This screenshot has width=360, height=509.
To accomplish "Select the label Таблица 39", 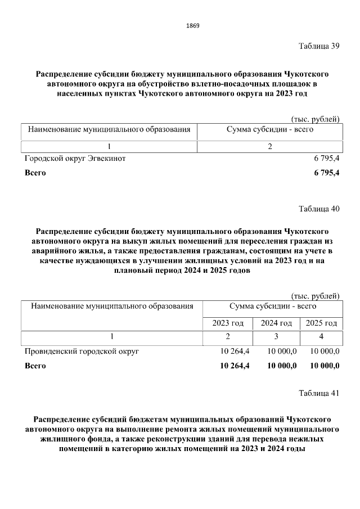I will (319, 46).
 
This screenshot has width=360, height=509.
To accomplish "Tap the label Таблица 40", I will (319, 209).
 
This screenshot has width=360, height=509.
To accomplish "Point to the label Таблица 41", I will (319, 393).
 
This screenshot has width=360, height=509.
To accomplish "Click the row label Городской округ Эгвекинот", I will (75, 159).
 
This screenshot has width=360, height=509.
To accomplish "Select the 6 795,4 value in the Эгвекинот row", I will (326, 159).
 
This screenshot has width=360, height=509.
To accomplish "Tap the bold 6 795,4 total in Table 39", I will (326, 173).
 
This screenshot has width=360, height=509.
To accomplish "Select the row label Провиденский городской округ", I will (82, 352).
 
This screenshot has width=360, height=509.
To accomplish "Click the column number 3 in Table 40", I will (276, 337).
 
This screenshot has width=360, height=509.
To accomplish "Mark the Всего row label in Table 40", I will (35, 366).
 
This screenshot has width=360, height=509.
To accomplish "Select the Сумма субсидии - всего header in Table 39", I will (270, 130).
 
